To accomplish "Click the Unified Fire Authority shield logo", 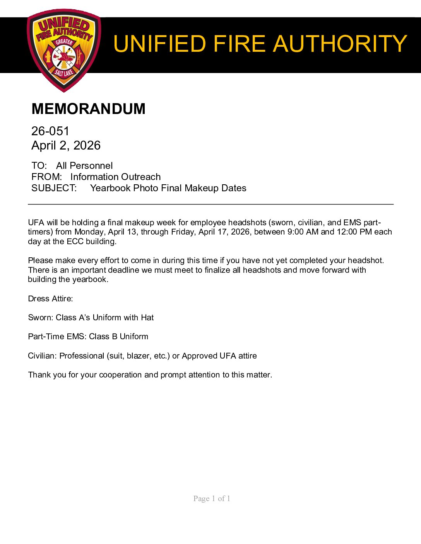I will tap(64, 50).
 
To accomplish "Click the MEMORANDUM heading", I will tap(88, 109).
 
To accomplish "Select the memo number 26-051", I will tap(50, 131).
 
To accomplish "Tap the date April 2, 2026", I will tap(66, 146).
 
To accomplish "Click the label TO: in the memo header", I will tap(39, 166).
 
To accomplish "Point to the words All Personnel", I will tap(84, 166).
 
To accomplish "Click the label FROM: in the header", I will tap(46, 177).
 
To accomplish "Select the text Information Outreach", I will tap(115, 177).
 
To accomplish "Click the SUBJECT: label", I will tap(54, 188).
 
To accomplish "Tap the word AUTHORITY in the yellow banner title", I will tap(340, 44).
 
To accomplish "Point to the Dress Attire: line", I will tap(50, 299).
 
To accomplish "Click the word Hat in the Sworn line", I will tap(147, 318).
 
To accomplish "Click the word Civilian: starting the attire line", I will tap(42, 356).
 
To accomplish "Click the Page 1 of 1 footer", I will tap(212, 498).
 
